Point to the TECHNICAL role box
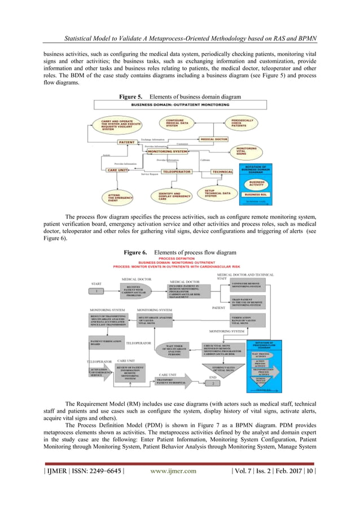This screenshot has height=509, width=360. pyautogui.click(x=222, y=171)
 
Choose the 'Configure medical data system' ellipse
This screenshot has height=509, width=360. pyautogui.click(x=179, y=124)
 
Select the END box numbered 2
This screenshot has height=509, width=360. pyautogui.click(x=213, y=384)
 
